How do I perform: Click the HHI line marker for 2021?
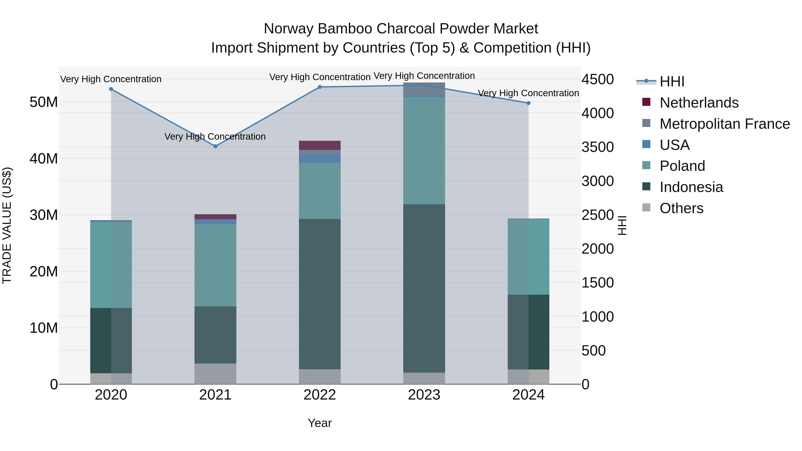pyautogui.click(x=215, y=146)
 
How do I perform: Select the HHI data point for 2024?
pyautogui.click(x=528, y=103)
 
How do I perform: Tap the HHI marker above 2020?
pyautogui.click(x=111, y=89)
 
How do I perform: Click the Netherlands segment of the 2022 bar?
pyautogui.click(x=319, y=145)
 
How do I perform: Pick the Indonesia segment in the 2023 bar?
pyautogui.click(x=424, y=288)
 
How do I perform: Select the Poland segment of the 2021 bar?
pyautogui.click(x=215, y=265)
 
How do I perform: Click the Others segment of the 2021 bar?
pyautogui.click(x=215, y=373)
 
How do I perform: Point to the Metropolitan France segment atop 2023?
pyautogui.click(x=424, y=89)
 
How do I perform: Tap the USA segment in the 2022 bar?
pyautogui.click(x=319, y=158)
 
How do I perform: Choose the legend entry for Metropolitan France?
pyautogui.click(x=724, y=124)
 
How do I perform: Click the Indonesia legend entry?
pyautogui.click(x=691, y=187)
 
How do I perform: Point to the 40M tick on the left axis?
pyautogui.click(x=44, y=158)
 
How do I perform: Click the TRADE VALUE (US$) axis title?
pyautogui.click(x=7, y=225)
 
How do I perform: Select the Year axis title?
pyautogui.click(x=319, y=423)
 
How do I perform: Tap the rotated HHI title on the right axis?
pyautogui.click(x=622, y=225)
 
